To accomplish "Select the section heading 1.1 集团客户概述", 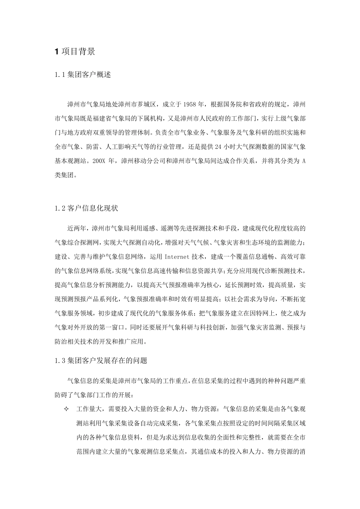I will click(83, 75).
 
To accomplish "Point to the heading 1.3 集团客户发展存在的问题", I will click(101, 361).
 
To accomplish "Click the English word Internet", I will click(177, 257).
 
